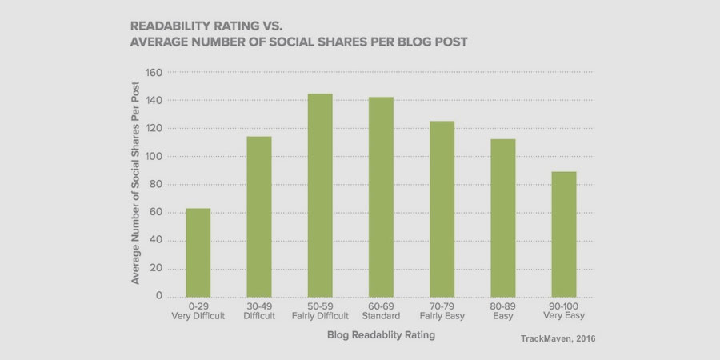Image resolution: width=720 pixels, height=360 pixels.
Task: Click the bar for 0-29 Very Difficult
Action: [x=198, y=252]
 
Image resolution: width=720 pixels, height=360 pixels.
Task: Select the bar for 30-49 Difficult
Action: [x=259, y=216]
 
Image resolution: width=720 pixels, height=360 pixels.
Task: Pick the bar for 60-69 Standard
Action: [x=381, y=196]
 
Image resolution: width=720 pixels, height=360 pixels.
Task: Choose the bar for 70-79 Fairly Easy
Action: [x=442, y=208]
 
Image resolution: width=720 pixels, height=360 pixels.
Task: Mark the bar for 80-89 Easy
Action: [x=502, y=217]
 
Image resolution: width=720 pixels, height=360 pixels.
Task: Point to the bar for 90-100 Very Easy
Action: [x=563, y=234]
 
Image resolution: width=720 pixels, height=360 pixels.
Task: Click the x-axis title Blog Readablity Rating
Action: [x=380, y=336]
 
